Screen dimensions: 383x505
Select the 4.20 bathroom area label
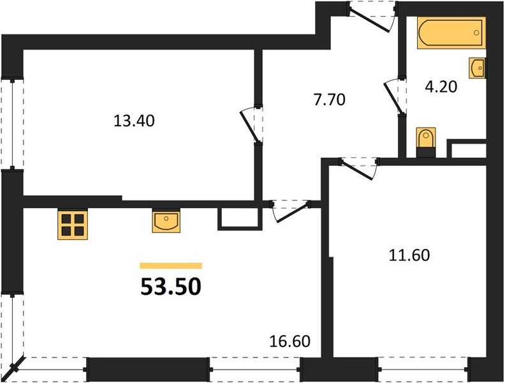pyautogui.click(x=441, y=86)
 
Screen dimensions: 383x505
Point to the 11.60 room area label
pyautogui.click(x=409, y=256)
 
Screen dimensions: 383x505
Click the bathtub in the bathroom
pyautogui.click(x=451, y=34)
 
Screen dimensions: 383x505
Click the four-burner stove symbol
pyautogui.click(x=73, y=224)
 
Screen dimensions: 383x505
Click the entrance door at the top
pyautogui.click(x=372, y=15)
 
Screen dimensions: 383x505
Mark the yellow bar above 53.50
pyautogui.click(x=171, y=266)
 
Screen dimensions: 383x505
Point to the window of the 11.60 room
pyautogui.click(x=423, y=369)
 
